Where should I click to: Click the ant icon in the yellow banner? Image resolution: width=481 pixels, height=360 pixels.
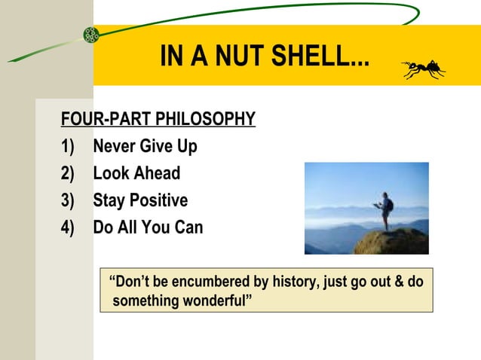(423, 70)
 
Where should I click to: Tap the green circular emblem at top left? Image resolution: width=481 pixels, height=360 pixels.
(91, 35)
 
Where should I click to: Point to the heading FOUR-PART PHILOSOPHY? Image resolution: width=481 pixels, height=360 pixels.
(158, 119)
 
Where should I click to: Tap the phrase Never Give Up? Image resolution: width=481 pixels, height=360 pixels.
(144, 146)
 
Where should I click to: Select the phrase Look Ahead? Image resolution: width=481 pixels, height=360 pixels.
(136, 173)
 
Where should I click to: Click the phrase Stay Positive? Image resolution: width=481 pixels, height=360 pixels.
(140, 200)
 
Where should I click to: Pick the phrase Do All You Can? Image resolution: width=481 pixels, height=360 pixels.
(148, 227)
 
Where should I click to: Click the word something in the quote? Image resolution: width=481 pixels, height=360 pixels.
(145, 301)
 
